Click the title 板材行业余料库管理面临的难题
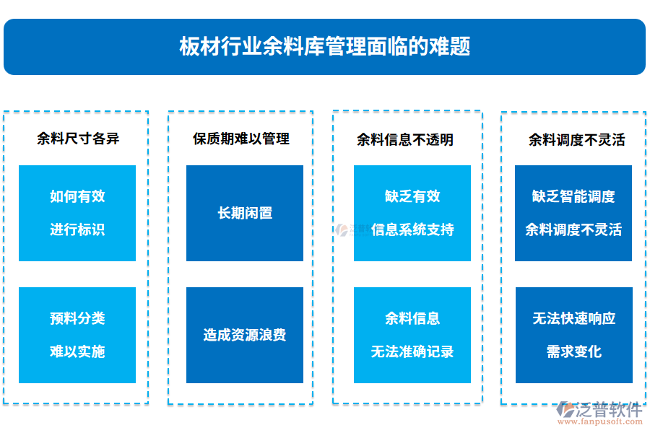324,47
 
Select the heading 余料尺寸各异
78,139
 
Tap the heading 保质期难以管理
240,139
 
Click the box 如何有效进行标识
77,213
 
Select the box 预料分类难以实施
77,335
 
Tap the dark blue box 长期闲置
245,213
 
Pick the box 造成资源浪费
245,335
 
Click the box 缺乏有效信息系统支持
412,213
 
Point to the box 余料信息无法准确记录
412,335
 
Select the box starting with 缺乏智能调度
573,213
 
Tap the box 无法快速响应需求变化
573,335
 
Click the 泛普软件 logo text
609,410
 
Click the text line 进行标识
77,230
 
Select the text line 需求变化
573,352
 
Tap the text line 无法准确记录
412,352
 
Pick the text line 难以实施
77,352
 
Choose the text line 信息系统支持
412,230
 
